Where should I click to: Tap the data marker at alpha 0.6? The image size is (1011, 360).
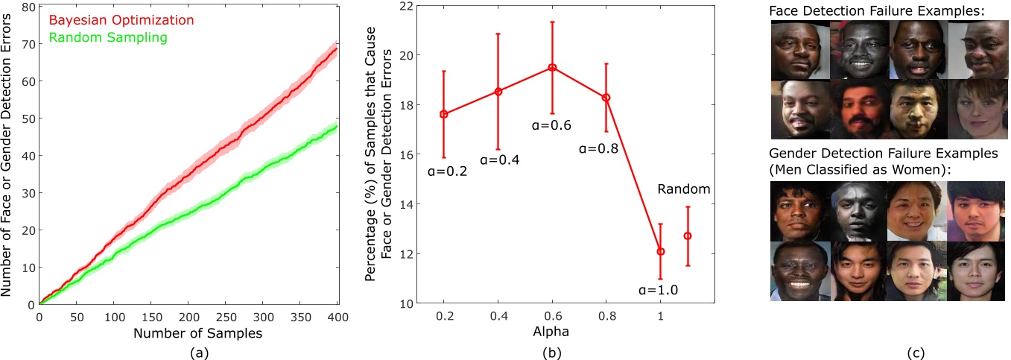552,67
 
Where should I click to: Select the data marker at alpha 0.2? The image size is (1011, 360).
444,114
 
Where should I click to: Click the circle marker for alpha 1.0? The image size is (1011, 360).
660,252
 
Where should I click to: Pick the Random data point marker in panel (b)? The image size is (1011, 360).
688,236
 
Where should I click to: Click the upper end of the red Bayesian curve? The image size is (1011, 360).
337,48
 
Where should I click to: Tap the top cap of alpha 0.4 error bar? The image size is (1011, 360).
498,34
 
